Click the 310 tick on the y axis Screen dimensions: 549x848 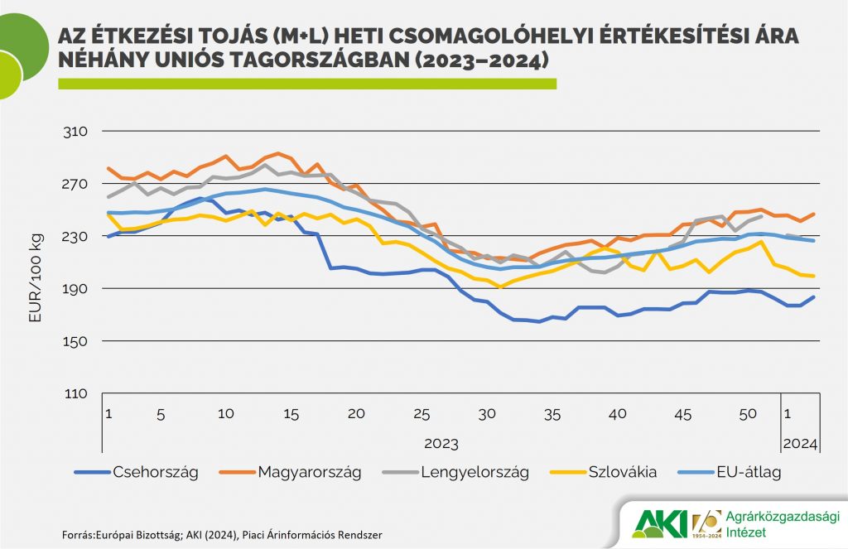[x=75, y=132]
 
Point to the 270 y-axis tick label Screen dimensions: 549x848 [x=75, y=184]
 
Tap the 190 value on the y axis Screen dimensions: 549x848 [x=75, y=289]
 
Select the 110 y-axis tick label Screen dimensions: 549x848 [x=75, y=393]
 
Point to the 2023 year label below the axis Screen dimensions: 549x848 [x=441, y=444]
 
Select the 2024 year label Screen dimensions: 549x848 [x=800, y=444]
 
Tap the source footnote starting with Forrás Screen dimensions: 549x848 [x=223, y=535]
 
